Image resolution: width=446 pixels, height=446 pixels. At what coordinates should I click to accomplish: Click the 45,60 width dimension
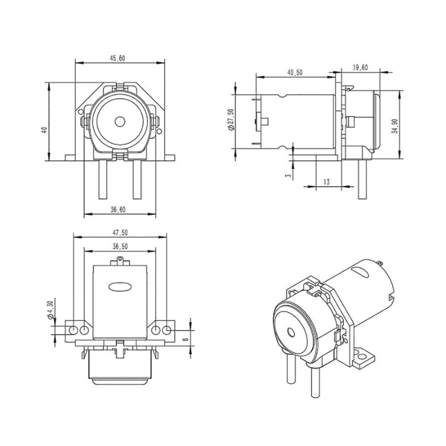[x=117, y=58]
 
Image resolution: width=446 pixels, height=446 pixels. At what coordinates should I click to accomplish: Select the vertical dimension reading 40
[x=44, y=129]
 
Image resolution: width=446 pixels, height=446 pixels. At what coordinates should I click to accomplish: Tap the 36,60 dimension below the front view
[x=117, y=208]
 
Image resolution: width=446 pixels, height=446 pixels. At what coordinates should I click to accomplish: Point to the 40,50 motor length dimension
[x=294, y=73]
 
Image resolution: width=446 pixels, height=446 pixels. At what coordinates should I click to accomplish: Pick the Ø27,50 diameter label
[x=231, y=120]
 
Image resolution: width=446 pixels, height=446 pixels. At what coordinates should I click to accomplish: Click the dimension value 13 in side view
[x=327, y=182]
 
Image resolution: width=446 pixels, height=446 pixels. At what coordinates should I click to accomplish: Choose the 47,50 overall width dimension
[x=120, y=233]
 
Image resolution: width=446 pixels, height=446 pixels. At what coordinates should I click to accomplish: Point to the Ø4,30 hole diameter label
[x=48, y=310]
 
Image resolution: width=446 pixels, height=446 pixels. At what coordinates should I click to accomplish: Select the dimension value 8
[x=185, y=341]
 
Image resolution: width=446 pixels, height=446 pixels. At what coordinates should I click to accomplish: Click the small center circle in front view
[x=120, y=122]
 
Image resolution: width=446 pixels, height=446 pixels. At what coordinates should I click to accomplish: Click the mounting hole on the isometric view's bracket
[x=367, y=357]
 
